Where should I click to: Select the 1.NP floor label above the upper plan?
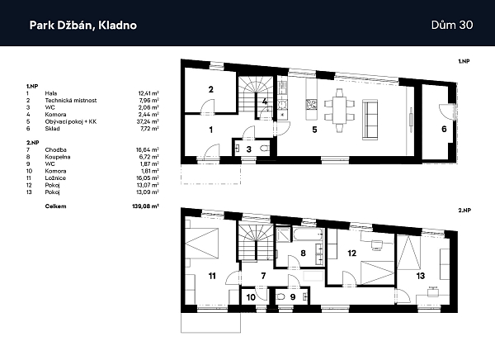(x=464, y=61)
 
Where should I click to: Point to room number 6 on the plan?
(x=443, y=129)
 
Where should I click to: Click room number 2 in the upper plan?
(x=211, y=89)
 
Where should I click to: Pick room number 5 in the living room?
(x=313, y=129)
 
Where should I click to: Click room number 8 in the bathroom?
(x=304, y=253)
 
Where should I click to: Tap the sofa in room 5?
(x=370, y=116)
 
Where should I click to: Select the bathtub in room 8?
(x=295, y=236)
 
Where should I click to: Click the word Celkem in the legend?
(x=55, y=206)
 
